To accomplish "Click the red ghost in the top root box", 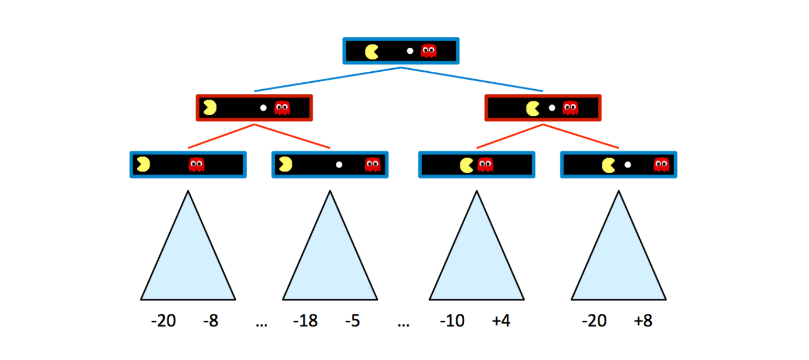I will [x=429, y=51].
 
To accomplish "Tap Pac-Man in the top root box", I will [x=371, y=51].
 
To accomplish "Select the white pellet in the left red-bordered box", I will [x=263, y=108].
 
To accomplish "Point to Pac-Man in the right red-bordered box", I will [x=533, y=108].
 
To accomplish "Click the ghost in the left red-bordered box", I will [x=282, y=108].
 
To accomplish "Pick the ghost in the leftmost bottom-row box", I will [x=196, y=165].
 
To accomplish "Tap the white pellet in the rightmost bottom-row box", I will [x=628, y=165].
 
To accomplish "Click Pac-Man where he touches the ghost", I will [x=466, y=165].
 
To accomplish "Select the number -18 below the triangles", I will [x=305, y=321].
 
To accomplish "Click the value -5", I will [x=353, y=321].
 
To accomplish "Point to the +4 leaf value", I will [x=501, y=321].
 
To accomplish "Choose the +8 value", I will [x=643, y=321].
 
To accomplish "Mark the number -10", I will [x=452, y=321].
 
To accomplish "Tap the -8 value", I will [x=211, y=321].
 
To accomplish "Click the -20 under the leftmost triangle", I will [x=163, y=321].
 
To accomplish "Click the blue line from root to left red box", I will [x=327, y=79].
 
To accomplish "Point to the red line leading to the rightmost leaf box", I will [x=581, y=136].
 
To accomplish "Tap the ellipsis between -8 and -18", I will [x=261, y=324].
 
